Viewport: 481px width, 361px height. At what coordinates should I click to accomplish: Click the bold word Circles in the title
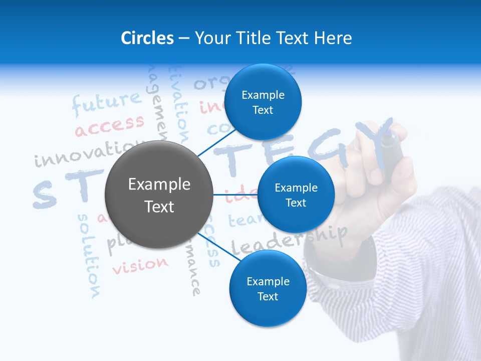click(147, 38)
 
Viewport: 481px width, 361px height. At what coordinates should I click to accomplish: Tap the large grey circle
click(159, 195)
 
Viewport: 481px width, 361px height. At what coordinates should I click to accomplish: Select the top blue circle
click(263, 102)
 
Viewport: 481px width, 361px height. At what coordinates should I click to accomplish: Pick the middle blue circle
click(296, 195)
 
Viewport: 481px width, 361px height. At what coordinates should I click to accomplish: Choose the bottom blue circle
click(268, 289)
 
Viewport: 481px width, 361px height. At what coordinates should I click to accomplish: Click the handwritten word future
click(106, 103)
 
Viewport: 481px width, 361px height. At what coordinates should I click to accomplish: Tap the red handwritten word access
click(109, 125)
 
